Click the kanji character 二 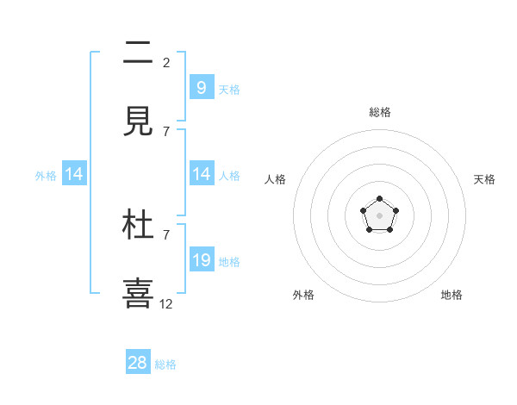138,54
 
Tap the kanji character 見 138,122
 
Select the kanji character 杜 138,226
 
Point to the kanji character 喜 138,293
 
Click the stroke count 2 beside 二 166,62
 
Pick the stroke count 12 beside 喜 166,303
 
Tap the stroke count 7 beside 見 166,131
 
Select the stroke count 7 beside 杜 166,234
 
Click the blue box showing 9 201,87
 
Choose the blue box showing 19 201,260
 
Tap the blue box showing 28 138,363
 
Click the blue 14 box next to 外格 74,174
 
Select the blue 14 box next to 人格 201,174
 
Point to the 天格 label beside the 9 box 229,89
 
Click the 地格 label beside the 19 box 229,262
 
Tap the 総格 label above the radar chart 379,112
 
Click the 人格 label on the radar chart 275,179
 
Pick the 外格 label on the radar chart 303,295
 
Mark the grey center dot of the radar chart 379,215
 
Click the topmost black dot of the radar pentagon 379,199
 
